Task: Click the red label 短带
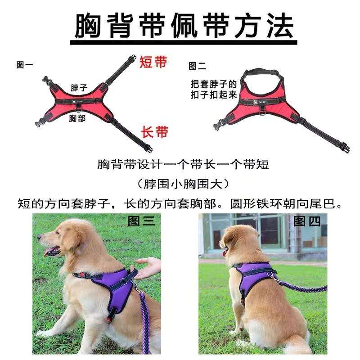(x=153, y=62)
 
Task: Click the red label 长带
(x=154, y=132)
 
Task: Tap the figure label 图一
(x=25, y=65)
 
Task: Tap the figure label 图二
(x=197, y=66)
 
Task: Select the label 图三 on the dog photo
(x=141, y=221)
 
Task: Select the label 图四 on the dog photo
(x=307, y=221)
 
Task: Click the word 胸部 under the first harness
(x=77, y=118)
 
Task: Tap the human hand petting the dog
(x=148, y=268)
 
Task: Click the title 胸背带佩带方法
(x=184, y=25)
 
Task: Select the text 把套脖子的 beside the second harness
(x=213, y=84)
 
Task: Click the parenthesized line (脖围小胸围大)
(x=183, y=184)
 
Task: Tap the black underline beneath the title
(x=184, y=43)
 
